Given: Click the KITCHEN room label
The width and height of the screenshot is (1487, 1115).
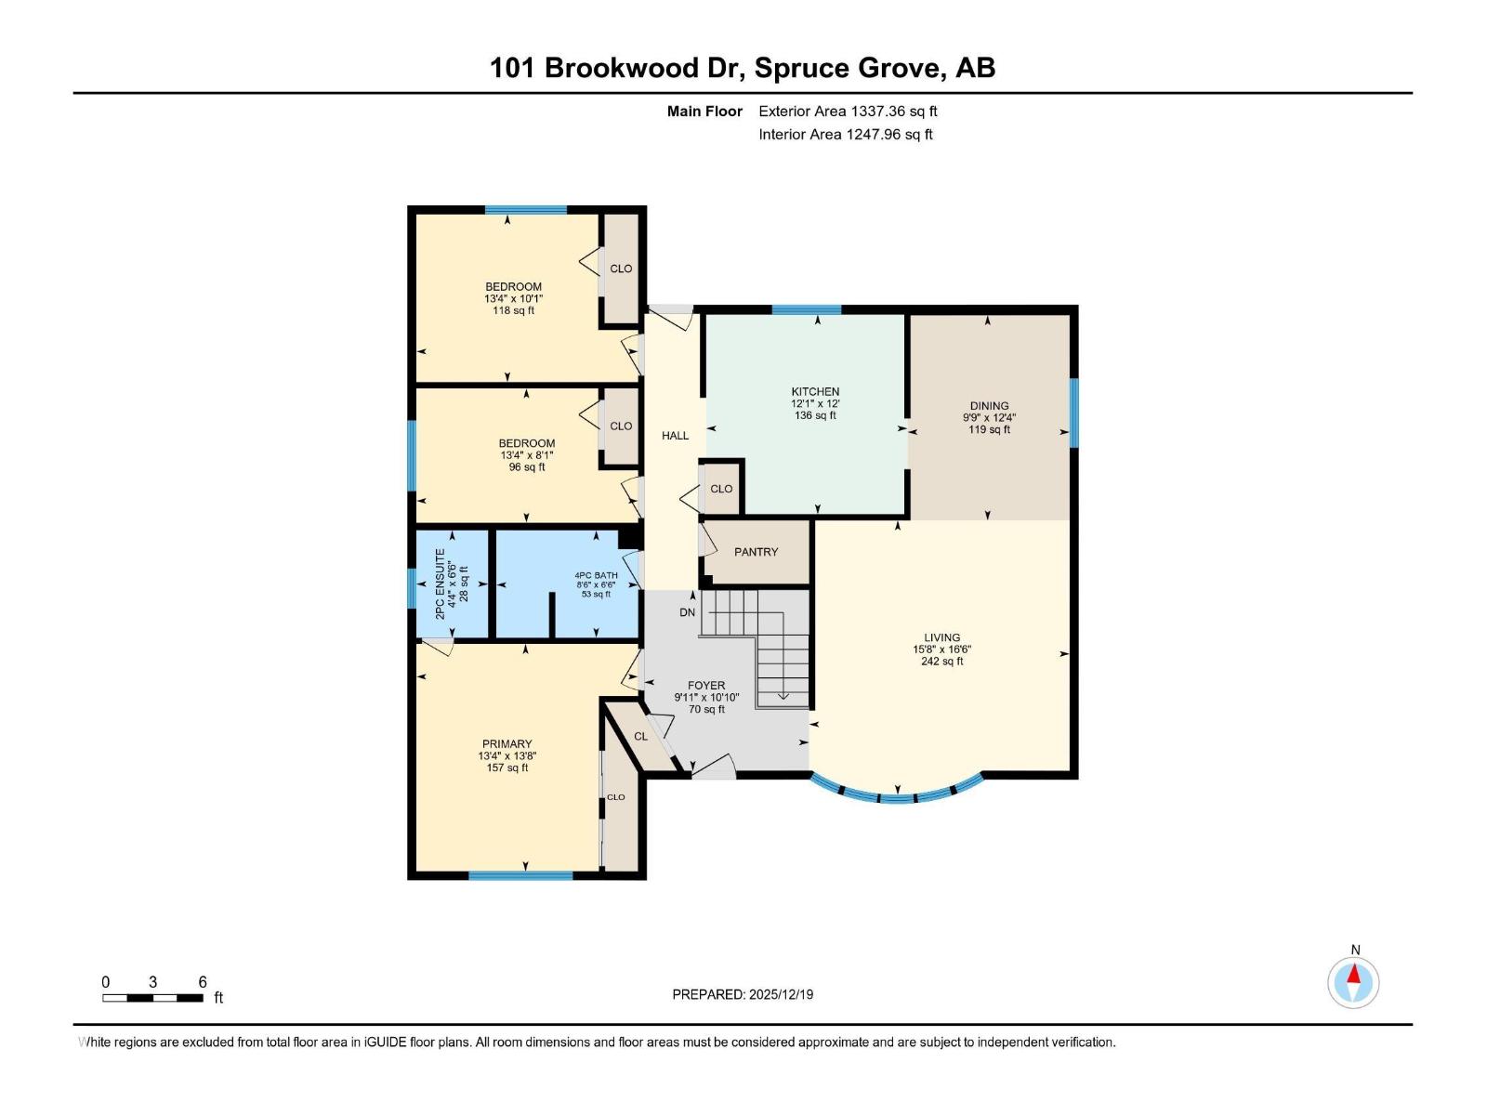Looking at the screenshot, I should click(815, 392).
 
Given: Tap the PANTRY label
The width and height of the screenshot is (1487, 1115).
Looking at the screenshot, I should click(756, 552).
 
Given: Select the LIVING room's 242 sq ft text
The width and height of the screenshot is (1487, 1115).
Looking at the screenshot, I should click(941, 662).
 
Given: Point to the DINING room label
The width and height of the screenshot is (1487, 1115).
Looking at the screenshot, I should click(989, 406).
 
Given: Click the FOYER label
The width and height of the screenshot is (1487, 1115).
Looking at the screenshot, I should click(706, 686).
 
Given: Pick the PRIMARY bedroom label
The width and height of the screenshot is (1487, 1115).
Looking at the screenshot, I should click(507, 744).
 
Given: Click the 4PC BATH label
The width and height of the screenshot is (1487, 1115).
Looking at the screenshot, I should click(596, 575).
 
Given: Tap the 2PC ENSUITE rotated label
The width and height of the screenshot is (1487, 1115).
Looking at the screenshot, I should click(441, 584).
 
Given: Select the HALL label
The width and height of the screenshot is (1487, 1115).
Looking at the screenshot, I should click(675, 436).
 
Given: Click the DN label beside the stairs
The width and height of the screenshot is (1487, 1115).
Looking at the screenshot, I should click(687, 612).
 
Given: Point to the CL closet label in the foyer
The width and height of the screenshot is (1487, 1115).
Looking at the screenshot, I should click(640, 737).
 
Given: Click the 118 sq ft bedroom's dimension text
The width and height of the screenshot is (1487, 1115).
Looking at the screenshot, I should click(513, 299).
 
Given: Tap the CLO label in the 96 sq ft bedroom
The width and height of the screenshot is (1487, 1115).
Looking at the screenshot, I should click(621, 426).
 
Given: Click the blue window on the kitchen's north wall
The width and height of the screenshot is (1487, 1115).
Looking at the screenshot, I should click(806, 309).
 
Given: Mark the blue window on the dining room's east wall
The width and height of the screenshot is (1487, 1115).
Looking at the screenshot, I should click(1073, 413).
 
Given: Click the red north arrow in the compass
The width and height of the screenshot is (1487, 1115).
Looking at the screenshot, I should click(1354, 975).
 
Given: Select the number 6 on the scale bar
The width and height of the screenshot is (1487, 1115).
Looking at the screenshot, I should click(203, 982).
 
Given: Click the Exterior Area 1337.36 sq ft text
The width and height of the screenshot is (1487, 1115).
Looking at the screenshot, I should click(848, 111).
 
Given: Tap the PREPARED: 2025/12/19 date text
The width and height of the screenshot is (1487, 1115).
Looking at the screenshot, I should click(743, 994).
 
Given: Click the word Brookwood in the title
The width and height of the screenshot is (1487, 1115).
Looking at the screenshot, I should click(621, 68).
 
